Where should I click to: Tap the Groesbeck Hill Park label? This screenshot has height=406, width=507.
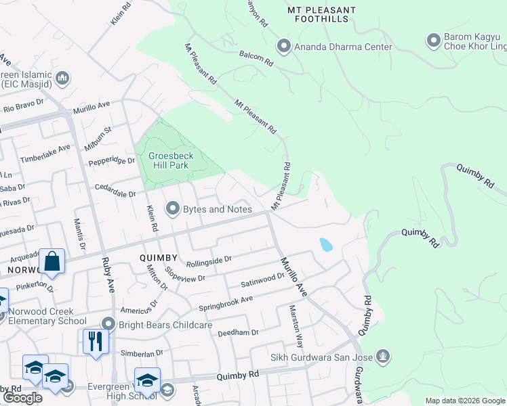[171, 160]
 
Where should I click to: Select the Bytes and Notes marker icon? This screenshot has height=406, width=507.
[172, 209]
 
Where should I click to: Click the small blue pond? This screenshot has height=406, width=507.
[326, 244]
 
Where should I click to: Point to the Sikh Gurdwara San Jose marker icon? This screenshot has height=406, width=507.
[383, 355]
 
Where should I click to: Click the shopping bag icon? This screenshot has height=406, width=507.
[52, 261]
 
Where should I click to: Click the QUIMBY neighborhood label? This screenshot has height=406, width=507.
[158, 258]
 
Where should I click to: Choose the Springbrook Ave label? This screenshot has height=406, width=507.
[225, 303]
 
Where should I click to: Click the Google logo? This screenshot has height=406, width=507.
[22, 398]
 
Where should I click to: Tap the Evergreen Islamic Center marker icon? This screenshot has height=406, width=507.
[62, 78]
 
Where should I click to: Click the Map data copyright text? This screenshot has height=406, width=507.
[465, 401]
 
